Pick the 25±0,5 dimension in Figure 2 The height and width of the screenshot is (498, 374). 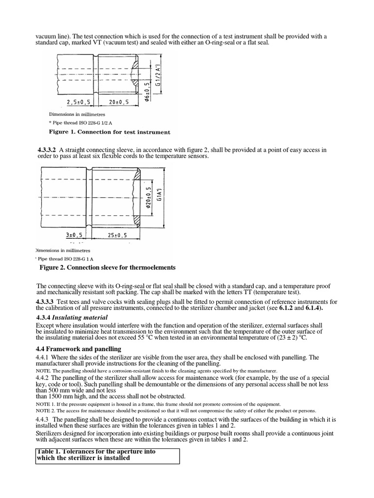click(x=117, y=235)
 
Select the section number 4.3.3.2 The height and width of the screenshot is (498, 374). click(x=47, y=150)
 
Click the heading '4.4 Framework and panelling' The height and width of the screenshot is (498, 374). click(x=80, y=349)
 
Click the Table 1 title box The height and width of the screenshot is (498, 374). click(x=108, y=455)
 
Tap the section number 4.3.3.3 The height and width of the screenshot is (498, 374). click(x=47, y=302)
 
